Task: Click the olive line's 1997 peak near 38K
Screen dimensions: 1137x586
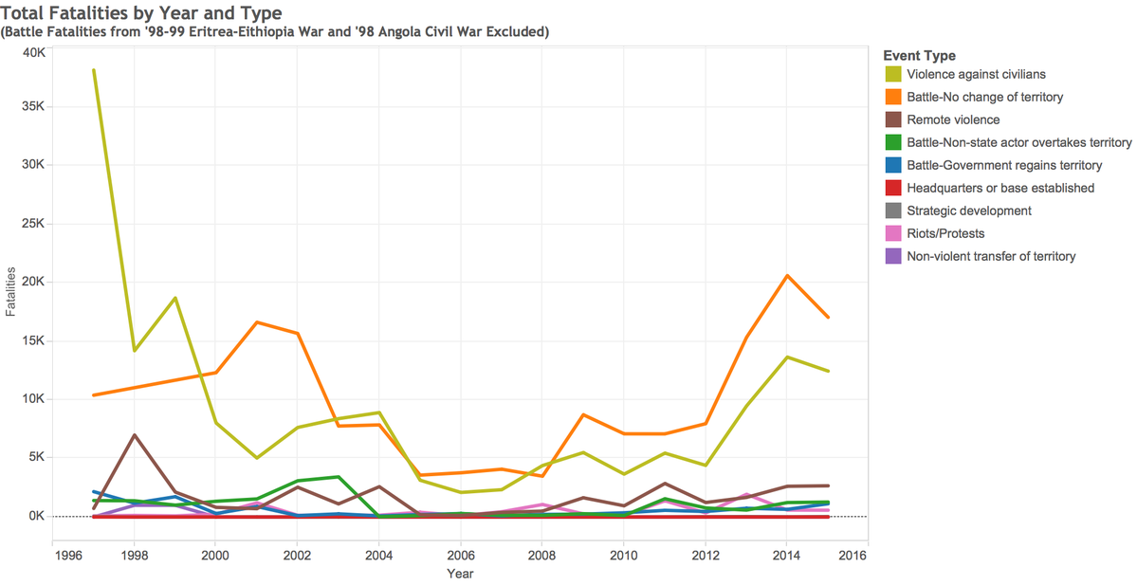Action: pos(94,70)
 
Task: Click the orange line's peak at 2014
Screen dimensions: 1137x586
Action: pos(787,276)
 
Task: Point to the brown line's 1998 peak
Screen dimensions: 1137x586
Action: pos(134,435)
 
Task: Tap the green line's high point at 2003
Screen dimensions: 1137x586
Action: pos(338,477)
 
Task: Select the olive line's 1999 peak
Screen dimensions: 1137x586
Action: pos(174,298)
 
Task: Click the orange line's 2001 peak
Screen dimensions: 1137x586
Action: pos(257,322)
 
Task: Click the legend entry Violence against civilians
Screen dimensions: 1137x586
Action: pos(976,74)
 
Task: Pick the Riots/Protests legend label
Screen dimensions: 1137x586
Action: pos(945,233)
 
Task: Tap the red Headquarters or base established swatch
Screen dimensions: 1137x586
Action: pos(893,188)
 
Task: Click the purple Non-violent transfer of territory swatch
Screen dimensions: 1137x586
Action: pos(893,256)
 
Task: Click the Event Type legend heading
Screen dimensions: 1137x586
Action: pos(920,56)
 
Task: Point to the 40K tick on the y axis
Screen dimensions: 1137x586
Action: pos(34,53)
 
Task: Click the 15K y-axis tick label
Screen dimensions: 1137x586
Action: pos(34,340)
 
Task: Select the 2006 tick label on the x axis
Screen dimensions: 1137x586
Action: pos(460,556)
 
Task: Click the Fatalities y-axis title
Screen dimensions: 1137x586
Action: pos(10,291)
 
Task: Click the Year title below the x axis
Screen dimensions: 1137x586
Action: pos(460,574)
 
